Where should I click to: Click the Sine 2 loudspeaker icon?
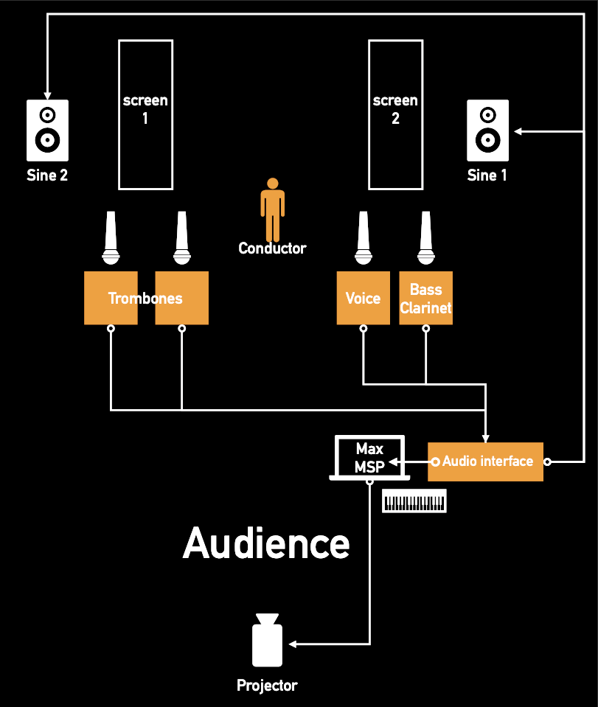coord(47,130)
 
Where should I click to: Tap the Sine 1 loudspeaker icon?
coord(487,130)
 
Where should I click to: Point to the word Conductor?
coord(272,248)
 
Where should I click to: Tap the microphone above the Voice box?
coord(362,237)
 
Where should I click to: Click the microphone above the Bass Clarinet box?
coord(425,237)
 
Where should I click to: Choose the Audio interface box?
coord(485,462)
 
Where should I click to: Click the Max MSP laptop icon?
coord(369,459)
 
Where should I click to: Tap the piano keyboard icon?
coord(414,502)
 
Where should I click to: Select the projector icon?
coord(267,640)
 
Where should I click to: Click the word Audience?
coord(266,543)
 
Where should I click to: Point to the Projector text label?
coord(267,686)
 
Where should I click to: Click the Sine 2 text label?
coord(47,175)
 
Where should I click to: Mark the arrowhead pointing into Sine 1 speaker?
coord(518,131)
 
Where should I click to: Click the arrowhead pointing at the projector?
coord(293,644)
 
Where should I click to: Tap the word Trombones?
coord(145,299)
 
